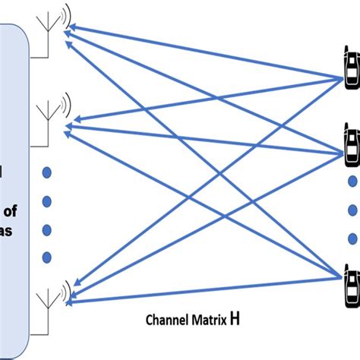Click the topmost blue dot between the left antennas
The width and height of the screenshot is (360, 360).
[x=46, y=173]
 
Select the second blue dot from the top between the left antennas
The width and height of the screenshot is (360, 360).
[x=46, y=201]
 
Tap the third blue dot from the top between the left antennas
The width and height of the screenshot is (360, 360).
[x=46, y=229]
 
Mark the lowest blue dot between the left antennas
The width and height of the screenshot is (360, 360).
[x=46, y=256]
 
